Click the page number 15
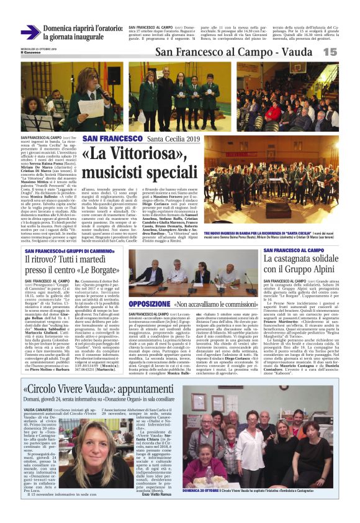click(x=347, y=52)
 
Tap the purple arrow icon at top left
click(x=30, y=32)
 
